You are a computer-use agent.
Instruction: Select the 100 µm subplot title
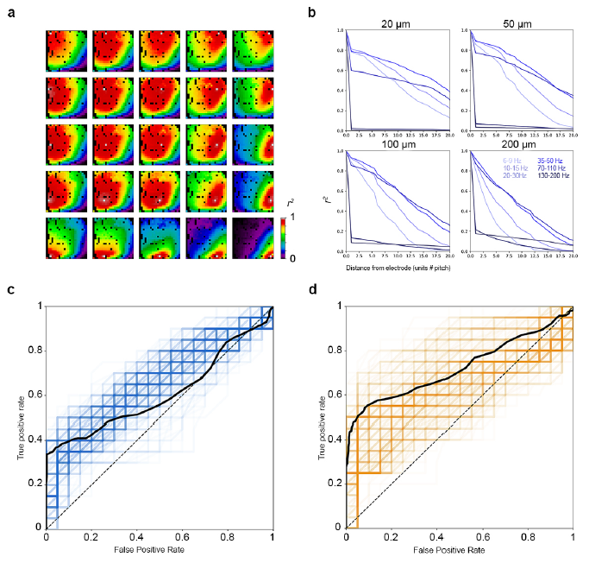398,144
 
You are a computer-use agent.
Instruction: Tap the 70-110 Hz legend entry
554,168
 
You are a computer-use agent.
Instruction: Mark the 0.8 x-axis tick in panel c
227,536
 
